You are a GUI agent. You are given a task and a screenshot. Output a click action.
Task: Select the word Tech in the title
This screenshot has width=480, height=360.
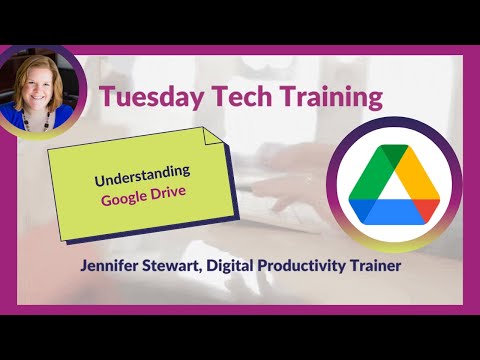(x=239, y=98)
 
